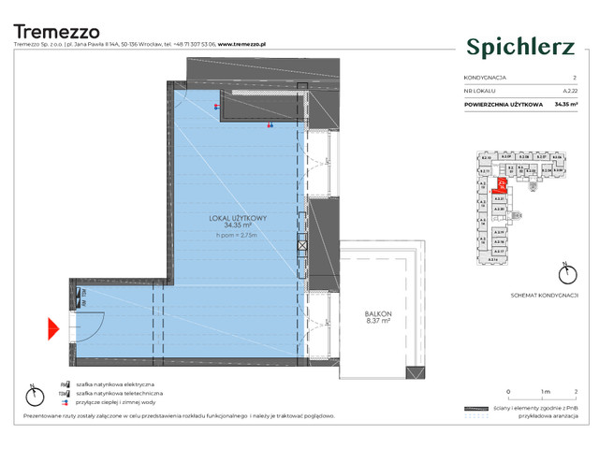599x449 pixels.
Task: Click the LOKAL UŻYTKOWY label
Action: tap(239, 218)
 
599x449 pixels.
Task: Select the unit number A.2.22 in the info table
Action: tap(569, 91)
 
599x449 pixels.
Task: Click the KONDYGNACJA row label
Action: tap(487, 78)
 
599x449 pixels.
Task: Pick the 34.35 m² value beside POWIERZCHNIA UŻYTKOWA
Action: tap(565, 104)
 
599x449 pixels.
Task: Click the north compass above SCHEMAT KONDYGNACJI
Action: tap(563, 273)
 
